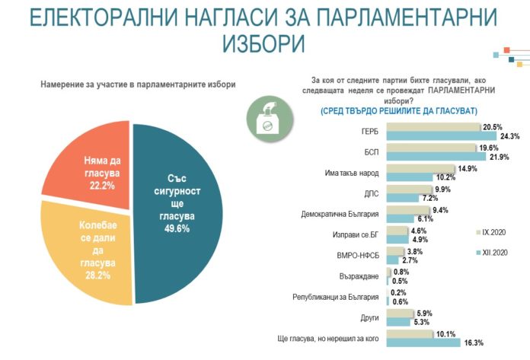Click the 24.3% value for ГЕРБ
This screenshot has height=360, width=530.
coord(509,136)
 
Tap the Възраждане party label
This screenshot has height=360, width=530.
coord(362,276)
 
